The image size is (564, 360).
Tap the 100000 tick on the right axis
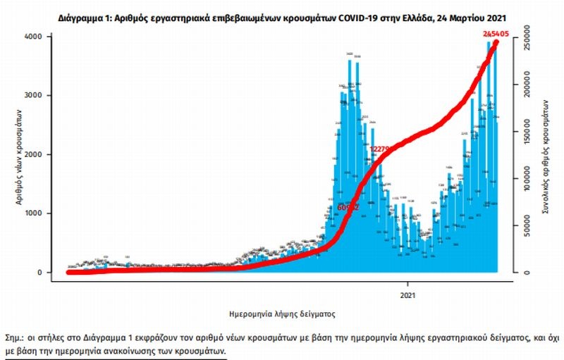[x=532, y=178]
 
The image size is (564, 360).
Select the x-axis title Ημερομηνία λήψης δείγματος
[x=282, y=311]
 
